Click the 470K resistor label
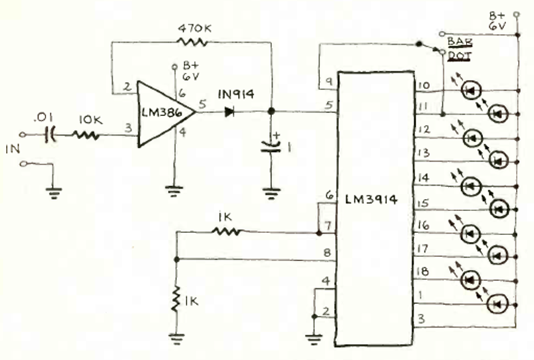[194, 29]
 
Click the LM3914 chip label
[371, 200]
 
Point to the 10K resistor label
[91, 120]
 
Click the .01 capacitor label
[43, 118]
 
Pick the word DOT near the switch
[459, 55]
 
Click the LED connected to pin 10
[471, 90]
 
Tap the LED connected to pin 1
[497, 304]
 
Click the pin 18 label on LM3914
[422, 272]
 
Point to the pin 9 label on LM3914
[329, 81]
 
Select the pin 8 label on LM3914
[327, 253]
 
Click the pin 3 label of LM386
[128, 128]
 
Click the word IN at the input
[13, 149]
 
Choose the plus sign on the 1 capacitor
[276, 136]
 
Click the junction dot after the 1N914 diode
[271, 112]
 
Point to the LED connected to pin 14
[471, 186]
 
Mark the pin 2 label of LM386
[128, 86]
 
